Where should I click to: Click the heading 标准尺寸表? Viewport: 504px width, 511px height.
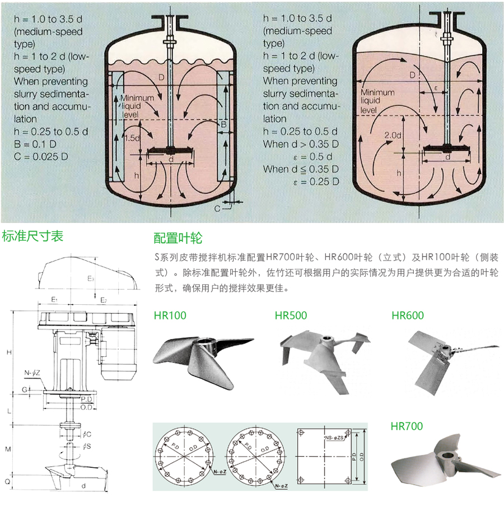click(x=32, y=236)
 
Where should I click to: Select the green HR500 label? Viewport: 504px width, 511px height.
click(x=291, y=315)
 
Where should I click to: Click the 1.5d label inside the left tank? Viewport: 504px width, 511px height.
click(x=132, y=138)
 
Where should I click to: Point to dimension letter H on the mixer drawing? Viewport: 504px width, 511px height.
click(x=8, y=352)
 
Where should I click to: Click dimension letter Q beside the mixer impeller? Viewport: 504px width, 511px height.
click(x=8, y=481)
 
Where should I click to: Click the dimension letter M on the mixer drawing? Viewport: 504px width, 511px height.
click(x=8, y=449)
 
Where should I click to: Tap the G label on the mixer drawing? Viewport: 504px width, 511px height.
click(x=24, y=389)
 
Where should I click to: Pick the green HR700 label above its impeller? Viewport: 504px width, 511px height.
click(x=407, y=426)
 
